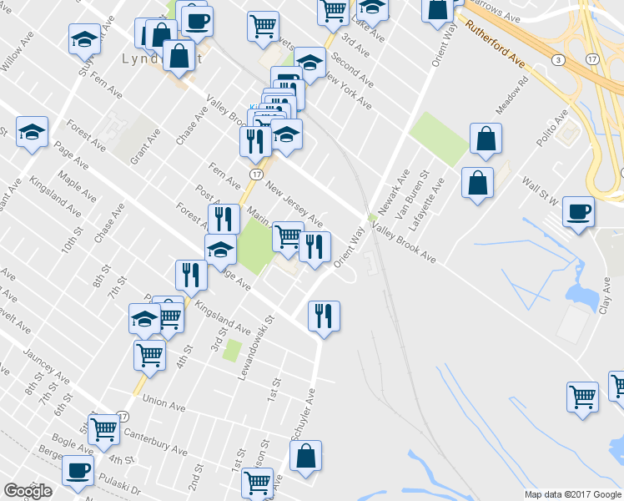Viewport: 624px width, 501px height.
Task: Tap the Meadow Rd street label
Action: [x=512, y=97]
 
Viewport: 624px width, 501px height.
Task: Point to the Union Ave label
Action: [x=164, y=402]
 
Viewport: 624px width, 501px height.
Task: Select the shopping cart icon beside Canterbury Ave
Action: [x=105, y=430]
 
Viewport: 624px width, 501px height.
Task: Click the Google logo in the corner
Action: [x=28, y=491]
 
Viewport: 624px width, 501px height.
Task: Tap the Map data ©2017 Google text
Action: [x=573, y=494]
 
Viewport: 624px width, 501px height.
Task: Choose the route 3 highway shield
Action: [x=557, y=59]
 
